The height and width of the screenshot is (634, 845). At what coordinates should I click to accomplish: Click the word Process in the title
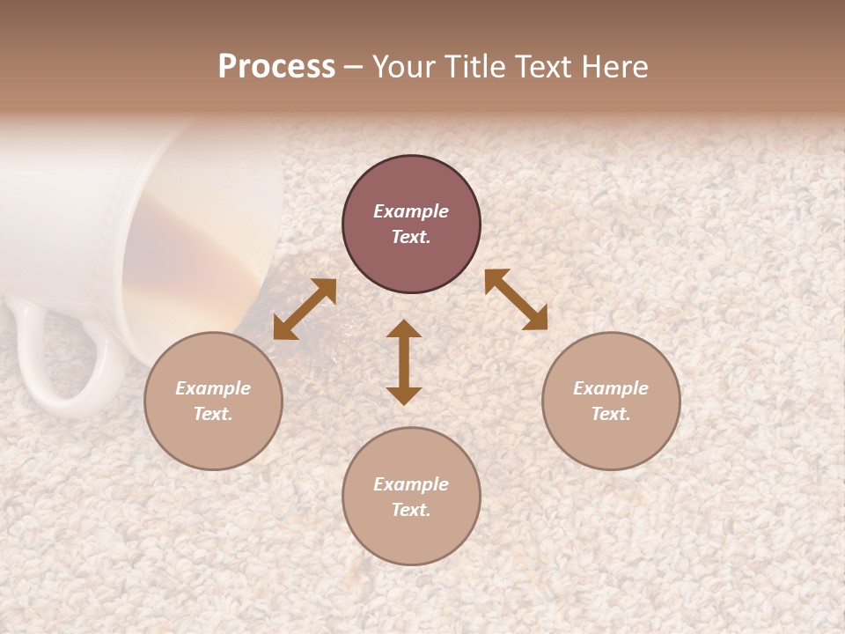[276, 67]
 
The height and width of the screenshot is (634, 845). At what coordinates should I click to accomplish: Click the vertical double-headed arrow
[404, 362]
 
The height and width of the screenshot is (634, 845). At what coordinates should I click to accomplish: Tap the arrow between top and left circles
[305, 309]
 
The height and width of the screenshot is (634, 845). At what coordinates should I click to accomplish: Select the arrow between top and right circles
[516, 299]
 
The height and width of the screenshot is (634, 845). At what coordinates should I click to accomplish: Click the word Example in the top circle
[411, 211]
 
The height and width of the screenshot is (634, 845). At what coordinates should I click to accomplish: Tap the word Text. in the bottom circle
[411, 510]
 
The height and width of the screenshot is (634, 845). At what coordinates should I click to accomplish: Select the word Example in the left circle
[213, 388]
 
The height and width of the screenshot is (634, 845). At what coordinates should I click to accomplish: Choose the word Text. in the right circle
[611, 414]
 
